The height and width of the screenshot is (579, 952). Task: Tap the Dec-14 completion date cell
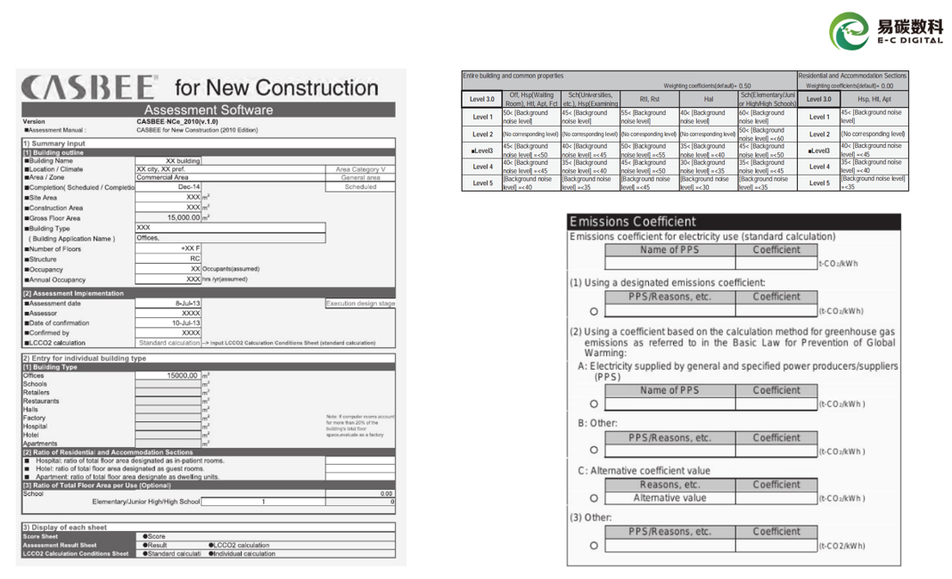tap(189, 187)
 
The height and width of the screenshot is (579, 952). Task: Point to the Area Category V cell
tap(360, 169)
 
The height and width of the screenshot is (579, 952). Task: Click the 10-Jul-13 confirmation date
tap(185, 322)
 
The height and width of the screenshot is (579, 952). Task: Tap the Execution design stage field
tap(360, 304)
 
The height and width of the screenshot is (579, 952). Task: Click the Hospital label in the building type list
tap(35, 427)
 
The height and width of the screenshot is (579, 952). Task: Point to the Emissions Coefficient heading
tap(633, 222)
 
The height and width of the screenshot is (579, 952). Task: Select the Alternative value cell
tap(669, 498)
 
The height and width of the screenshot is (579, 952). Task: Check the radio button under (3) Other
tap(594, 545)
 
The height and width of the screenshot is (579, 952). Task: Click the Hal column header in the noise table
tap(709, 99)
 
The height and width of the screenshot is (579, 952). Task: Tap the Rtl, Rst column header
tap(650, 99)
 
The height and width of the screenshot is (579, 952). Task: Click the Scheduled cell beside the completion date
tap(360, 187)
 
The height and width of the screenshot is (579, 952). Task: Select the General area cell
tap(360, 177)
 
